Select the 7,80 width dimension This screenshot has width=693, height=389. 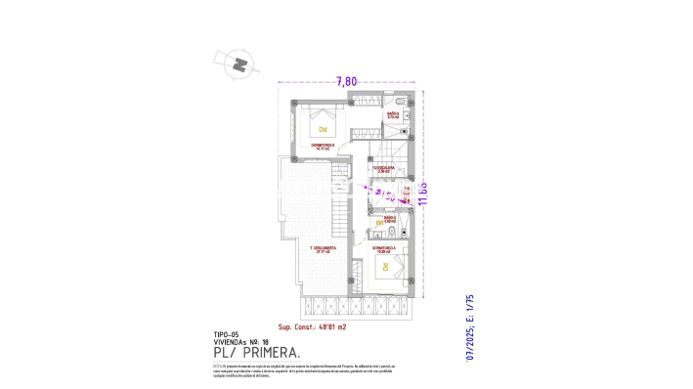point(347,81)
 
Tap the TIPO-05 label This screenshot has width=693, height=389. point(225,333)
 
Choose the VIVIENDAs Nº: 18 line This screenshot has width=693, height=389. point(240,341)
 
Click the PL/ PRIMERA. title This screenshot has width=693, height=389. point(256,352)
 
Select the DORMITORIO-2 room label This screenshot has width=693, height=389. point(324,147)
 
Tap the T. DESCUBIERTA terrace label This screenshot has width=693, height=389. point(324,249)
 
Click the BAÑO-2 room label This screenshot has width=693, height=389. point(394,115)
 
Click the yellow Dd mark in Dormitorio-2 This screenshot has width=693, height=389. point(323,128)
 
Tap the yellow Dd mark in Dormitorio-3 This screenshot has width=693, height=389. point(385,266)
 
